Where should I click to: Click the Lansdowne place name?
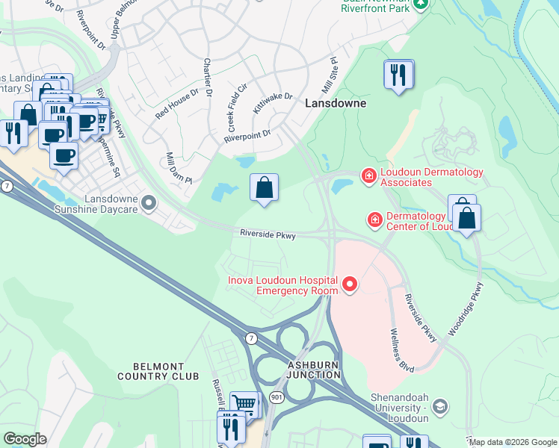(336, 104)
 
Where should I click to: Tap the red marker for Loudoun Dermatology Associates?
(368, 176)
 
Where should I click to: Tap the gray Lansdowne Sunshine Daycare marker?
(149, 202)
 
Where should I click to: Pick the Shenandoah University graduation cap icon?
(440, 406)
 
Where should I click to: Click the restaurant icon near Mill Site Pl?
(398, 74)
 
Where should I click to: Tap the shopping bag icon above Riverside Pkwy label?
(265, 187)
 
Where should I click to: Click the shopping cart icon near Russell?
(244, 404)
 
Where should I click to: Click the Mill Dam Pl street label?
(179, 169)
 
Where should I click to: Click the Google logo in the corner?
(25, 439)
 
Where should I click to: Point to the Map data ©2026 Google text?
(512, 442)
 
